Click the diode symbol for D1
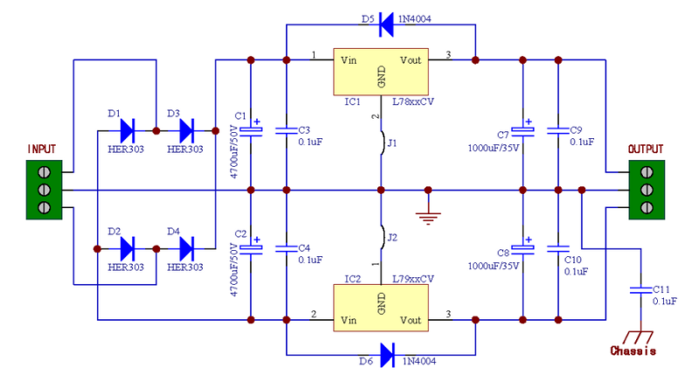pyautogui.click(x=127, y=130)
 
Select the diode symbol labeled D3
pyautogui.click(x=186, y=130)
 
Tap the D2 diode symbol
pyautogui.click(x=127, y=248)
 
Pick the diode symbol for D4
pyautogui.click(x=186, y=248)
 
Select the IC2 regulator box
pyautogui.click(x=381, y=307)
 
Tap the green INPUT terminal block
pyautogui.click(x=43, y=190)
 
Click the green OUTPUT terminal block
pyautogui.click(x=645, y=190)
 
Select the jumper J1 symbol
pyautogui.click(x=382, y=143)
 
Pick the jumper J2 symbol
pyautogui.click(x=382, y=237)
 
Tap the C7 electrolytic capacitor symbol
pyautogui.click(x=523, y=130)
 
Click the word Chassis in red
pyautogui.click(x=634, y=351)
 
